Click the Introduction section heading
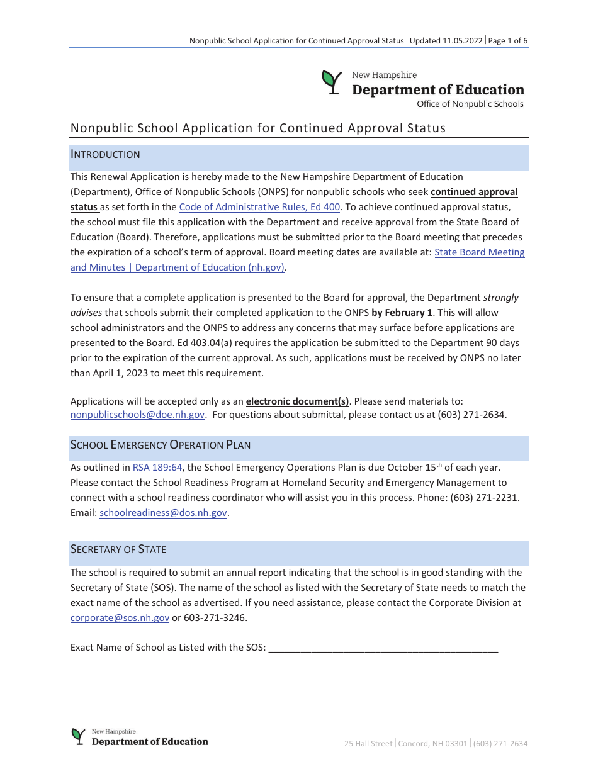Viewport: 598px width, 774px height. (105, 155)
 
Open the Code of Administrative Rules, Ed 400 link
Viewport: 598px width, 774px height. (259, 207)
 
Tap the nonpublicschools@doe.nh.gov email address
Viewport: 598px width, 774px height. (137, 415)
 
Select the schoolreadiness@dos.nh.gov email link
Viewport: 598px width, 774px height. (163, 513)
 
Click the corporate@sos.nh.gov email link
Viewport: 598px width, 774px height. (120, 618)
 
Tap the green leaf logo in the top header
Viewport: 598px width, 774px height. (331, 82)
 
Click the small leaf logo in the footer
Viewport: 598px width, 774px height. (78, 736)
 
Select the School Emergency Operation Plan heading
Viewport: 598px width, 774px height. (161, 446)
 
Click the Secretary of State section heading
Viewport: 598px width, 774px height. (118, 549)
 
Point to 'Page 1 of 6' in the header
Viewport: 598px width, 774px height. (508, 41)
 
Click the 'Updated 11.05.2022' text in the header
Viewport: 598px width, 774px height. (446, 41)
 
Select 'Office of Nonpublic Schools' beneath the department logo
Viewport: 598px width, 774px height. (470, 104)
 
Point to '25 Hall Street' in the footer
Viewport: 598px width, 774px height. (368, 744)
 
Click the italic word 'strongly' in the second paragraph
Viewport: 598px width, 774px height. (501, 298)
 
